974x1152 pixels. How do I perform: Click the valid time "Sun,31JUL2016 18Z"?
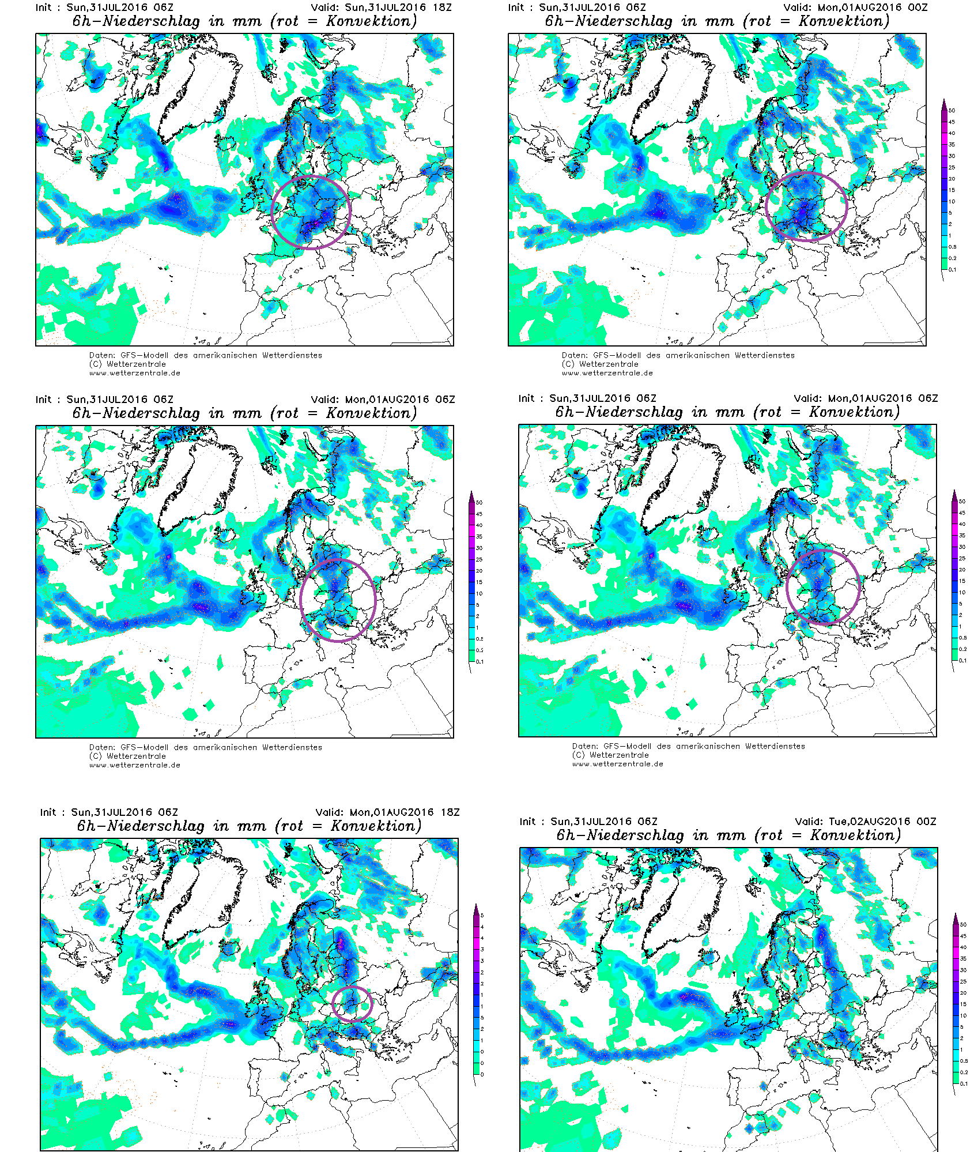click(x=398, y=7)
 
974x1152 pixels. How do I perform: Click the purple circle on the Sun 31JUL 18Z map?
click(x=271, y=213)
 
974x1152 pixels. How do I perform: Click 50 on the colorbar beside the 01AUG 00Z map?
click(x=952, y=110)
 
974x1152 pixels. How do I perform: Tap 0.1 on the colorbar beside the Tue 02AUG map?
click(x=964, y=1083)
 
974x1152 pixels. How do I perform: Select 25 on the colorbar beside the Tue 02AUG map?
click(x=963, y=981)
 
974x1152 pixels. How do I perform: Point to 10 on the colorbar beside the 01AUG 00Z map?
click(x=952, y=201)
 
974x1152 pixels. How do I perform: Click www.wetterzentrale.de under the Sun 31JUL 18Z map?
click(x=135, y=373)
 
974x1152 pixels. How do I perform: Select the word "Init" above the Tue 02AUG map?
click(x=527, y=821)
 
